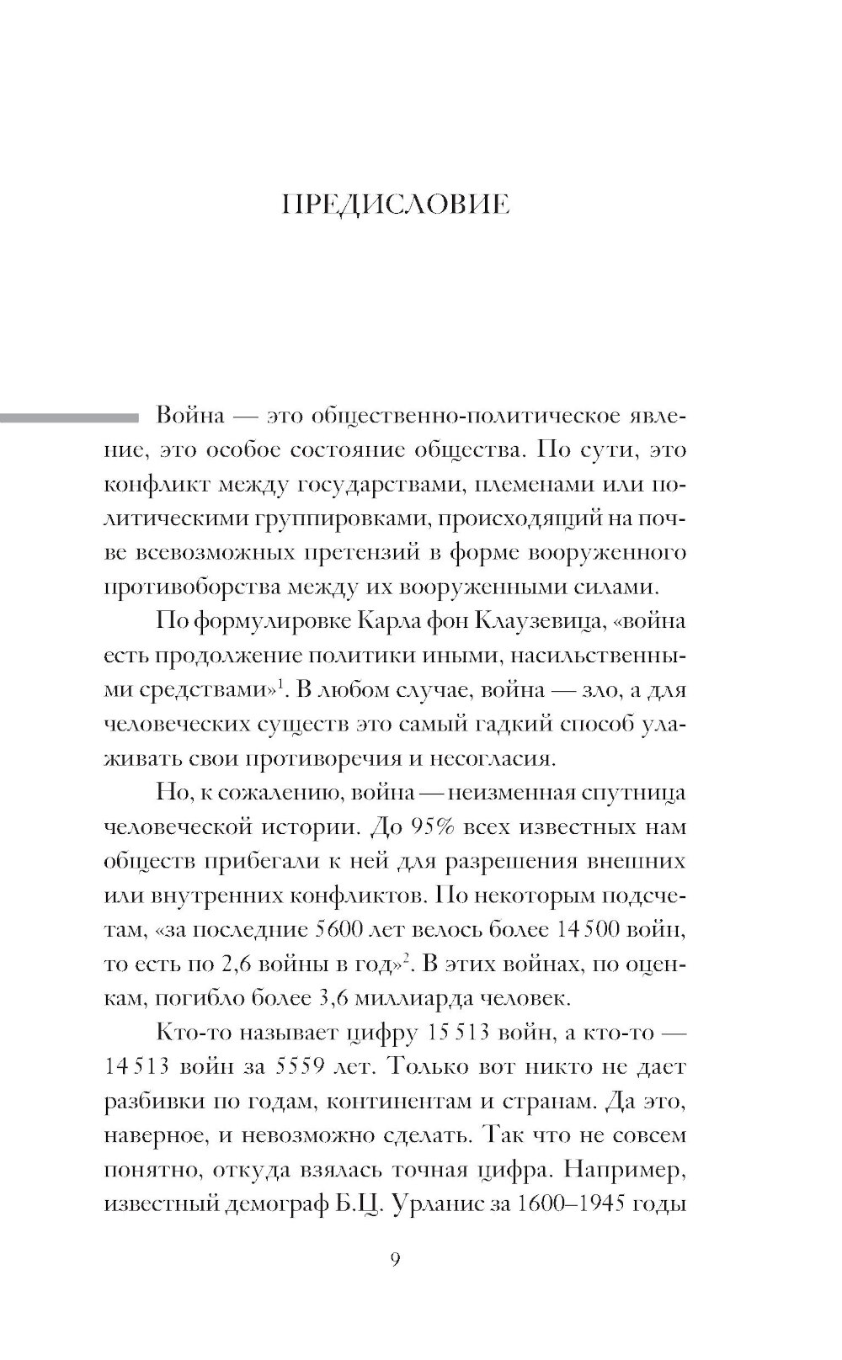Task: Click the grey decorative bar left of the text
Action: (67, 417)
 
